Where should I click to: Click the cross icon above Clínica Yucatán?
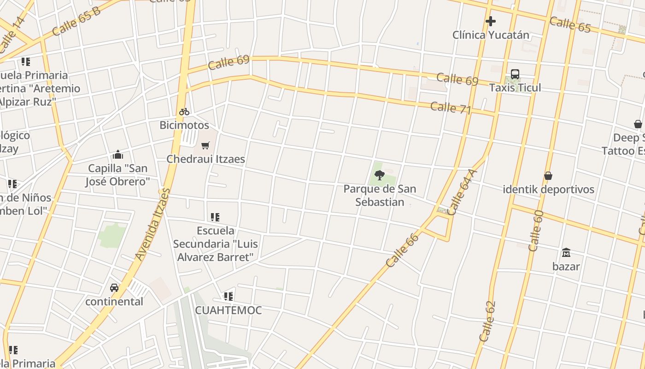(x=491, y=21)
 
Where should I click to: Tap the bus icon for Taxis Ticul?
(x=515, y=74)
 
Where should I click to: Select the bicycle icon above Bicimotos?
(x=184, y=112)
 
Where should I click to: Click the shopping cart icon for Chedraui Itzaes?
(x=205, y=145)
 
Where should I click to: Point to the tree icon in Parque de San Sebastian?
(x=380, y=175)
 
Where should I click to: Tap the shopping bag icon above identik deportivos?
(x=548, y=176)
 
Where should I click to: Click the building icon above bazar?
(x=566, y=252)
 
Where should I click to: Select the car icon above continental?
(x=114, y=288)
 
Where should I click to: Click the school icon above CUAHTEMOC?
(x=229, y=296)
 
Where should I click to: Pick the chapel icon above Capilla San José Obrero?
(x=118, y=155)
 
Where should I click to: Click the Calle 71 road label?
(x=451, y=108)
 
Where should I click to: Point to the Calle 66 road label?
(x=403, y=250)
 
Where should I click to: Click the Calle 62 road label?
(x=487, y=321)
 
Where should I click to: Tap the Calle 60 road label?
(x=536, y=231)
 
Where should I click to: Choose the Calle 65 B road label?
(x=76, y=21)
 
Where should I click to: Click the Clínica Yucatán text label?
(x=491, y=35)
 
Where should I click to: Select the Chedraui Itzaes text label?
(x=205, y=159)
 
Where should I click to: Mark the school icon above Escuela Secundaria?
(x=215, y=217)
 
